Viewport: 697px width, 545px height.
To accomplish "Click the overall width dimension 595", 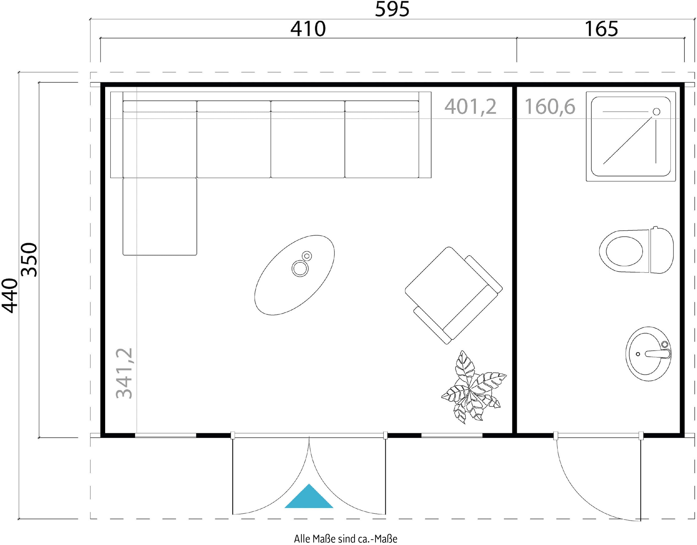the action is pyautogui.click(x=392, y=9).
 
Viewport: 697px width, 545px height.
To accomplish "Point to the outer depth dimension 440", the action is pyautogui.click(x=10, y=296).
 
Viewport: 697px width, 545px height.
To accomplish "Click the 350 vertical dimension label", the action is pyautogui.click(x=29, y=259).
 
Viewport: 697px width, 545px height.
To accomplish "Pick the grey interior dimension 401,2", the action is pyautogui.click(x=470, y=107).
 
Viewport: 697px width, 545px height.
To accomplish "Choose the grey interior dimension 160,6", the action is pyautogui.click(x=550, y=107).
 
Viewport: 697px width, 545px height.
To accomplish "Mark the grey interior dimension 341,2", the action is pyautogui.click(x=124, y=373).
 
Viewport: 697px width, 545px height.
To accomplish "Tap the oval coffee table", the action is pyautogui.click(x=294, y=275).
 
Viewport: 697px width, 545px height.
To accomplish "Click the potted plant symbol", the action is pyautogui.click(x=474, y=387).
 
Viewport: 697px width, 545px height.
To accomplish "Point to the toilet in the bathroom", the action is pyautogui.click(x=636, y=250).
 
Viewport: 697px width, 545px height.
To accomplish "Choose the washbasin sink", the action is pyautogui.click(x=648, y=354).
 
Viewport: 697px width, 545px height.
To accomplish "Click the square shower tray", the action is pyautogui.click(x=631, y=136).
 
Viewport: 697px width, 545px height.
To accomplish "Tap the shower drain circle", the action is pyautogui.click(x=656, y=112).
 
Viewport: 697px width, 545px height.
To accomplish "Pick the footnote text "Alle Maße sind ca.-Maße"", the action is pyautogui.click(x=346, y=539).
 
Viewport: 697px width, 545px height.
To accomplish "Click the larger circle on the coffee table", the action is pyautogui.click(x=300, y=268).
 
